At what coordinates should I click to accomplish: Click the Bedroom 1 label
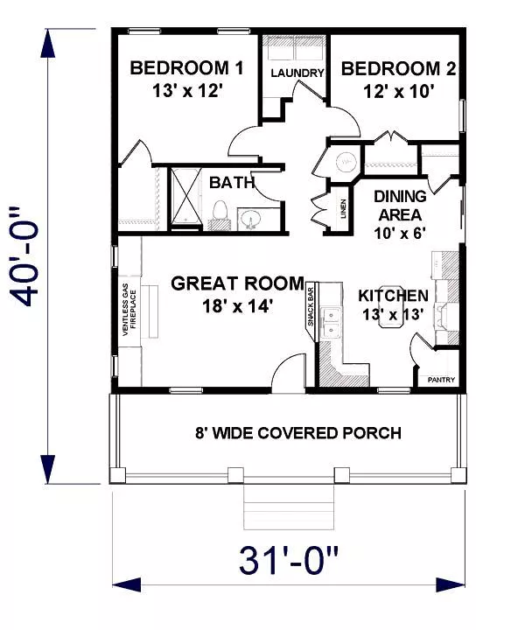(x=186, y=68)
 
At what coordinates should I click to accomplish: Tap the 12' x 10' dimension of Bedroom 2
(x=398, y=92)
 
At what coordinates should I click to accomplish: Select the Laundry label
(x=297, y=73)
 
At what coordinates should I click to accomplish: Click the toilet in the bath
(x=220, y=214)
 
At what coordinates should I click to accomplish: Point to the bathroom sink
(x=251, y=220)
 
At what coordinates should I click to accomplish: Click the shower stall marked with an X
(x=185, y=198)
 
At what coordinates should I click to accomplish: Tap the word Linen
(x=343, y=208)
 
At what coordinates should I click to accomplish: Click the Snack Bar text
(x=311, y=306)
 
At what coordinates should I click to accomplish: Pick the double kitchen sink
(x=331, y=323)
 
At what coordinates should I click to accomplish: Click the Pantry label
(x=441, y=380)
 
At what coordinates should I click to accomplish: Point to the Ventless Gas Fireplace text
(x=129, y=310)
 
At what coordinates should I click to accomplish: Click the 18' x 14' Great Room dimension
(x=238, y=307)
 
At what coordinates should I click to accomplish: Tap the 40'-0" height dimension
(x=26, y=255)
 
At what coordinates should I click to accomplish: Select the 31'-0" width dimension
(x=289, y=560)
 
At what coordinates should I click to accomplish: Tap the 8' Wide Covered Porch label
(x=298, y=433)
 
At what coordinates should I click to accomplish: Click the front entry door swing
(x=289, y=373)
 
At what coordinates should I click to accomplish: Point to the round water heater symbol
(x=346, y=161)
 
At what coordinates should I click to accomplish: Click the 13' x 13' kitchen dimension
(x=393, y=314)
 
